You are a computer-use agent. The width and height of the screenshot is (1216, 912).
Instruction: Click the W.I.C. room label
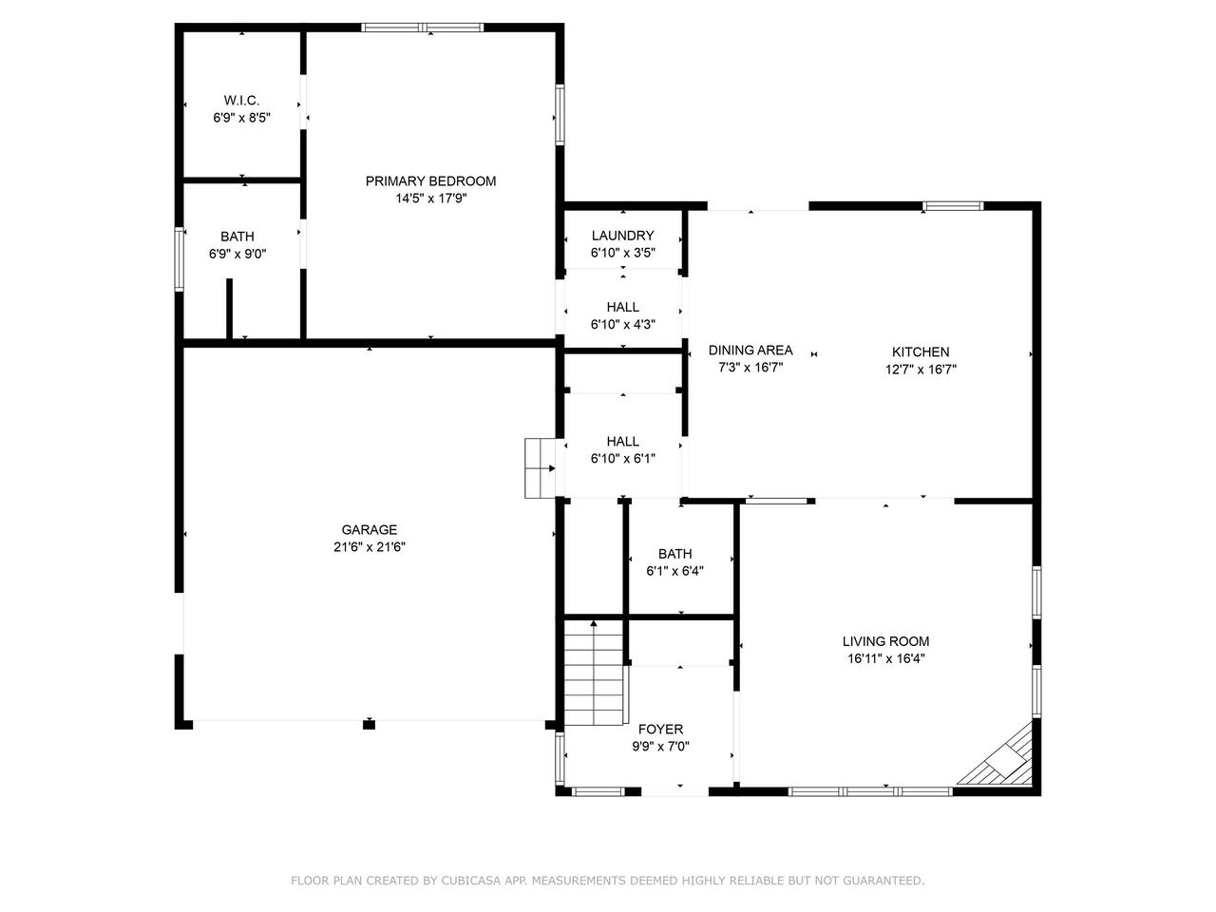point(241,101)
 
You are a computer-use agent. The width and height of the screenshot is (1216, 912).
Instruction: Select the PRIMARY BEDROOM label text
point(430,181)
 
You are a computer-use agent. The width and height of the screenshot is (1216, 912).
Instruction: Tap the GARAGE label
point(369,529)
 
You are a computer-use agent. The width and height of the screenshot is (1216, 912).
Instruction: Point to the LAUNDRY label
point(622,236)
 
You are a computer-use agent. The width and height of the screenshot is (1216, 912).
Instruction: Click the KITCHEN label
point(921,351)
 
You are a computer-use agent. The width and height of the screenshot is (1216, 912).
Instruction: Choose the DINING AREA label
point(750,350)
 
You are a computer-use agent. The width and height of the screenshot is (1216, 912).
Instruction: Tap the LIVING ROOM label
point(885,641)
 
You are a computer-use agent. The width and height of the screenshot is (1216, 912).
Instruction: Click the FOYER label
point(660,729)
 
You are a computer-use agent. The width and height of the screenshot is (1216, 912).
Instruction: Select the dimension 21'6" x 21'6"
point(369,547)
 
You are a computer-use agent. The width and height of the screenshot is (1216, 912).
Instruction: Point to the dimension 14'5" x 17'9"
point(430,199)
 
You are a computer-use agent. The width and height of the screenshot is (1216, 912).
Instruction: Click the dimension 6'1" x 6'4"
point(674,571)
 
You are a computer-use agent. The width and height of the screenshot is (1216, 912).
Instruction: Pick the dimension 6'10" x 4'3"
point(622,325)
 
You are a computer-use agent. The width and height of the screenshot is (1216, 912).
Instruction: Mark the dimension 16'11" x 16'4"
point(885,658)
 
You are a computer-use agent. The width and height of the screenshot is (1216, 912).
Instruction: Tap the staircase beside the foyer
point(594,674)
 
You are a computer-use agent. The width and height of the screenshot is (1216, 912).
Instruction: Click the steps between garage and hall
point(540,468)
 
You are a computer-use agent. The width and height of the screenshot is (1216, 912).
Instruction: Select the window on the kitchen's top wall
point(953,206)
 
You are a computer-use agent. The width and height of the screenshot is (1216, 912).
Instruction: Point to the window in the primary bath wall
point(179,259)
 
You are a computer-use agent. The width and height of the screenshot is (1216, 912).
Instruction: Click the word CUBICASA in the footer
point(470,881)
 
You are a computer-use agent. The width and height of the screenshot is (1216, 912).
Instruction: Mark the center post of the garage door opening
point(369,724)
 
